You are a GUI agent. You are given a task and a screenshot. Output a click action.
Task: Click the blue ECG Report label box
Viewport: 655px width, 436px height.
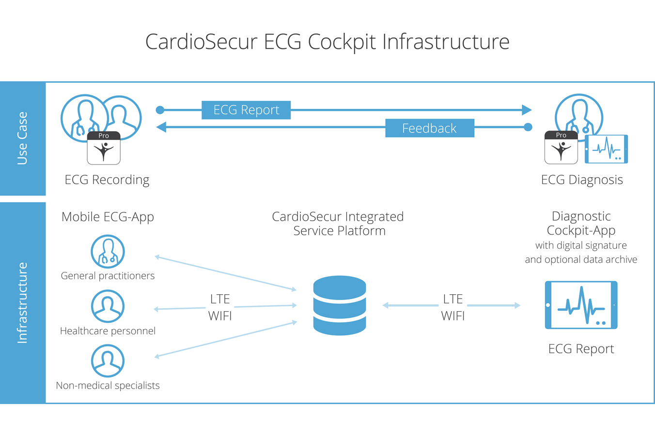coord(246,110)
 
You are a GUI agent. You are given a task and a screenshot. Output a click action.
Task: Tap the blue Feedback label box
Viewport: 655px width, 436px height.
coord(429,128)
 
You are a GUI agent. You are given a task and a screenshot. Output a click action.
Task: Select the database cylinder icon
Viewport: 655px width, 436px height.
coord(340,305)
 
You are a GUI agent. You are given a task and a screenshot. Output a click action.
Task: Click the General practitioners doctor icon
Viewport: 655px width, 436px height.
coord(108,252)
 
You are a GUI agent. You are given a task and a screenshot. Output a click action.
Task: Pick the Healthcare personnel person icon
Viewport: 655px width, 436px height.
coord(108,306)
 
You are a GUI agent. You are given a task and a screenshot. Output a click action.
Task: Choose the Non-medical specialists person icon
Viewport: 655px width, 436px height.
coord(108,361)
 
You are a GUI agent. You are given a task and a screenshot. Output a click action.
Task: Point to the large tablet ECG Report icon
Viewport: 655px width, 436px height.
coord(581,305)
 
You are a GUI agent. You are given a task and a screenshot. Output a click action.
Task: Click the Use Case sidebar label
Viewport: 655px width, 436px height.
coord(22,138)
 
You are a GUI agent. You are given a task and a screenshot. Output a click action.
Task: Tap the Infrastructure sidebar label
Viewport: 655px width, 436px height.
coord(22,303)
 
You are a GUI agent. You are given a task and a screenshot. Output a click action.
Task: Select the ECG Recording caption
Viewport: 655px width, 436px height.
coord(107,180)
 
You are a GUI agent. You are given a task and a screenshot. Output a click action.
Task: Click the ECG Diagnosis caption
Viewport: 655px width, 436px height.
coord(582,180)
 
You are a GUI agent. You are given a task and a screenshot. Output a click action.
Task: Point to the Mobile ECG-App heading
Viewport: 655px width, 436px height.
coord(108,217)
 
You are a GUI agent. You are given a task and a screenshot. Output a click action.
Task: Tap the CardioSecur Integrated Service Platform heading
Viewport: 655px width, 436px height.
coord(338,224)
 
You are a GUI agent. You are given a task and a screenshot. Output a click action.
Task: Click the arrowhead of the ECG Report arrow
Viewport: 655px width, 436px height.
coord(527,110)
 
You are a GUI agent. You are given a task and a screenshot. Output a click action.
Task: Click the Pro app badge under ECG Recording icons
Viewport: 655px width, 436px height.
coord(104,148)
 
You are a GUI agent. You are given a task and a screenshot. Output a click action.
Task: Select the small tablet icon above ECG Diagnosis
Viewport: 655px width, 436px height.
coord(606,149)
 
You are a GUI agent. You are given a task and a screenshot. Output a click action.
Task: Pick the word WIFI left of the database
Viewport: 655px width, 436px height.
coord(220,316)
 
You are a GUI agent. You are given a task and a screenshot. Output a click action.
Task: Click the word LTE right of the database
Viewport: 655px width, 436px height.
coord(453,299)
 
